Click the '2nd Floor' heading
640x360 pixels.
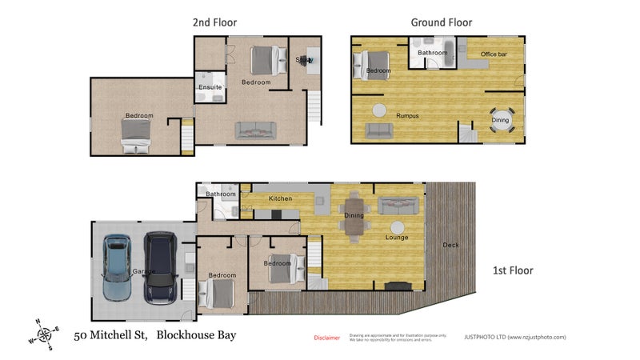[x=214, y=22]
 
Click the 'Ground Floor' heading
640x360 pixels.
[x=441, y=22]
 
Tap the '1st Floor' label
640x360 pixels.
[x=512, y=270]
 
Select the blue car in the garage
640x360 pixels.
[x=118, y=267]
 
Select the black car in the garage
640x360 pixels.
[x=160, y=267]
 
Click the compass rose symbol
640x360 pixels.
[x=45, y=334]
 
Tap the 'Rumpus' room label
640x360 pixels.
[x=406, y=116]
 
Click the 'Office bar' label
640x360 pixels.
[x=494, y=54]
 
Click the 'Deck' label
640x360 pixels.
[x=450, y=245]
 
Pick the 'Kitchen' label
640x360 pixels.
[x=280, y=198]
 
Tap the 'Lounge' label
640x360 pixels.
[x=396, y=237]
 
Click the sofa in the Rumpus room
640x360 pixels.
[x=378, y=130]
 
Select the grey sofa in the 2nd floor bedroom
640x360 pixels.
[x=255, y=130]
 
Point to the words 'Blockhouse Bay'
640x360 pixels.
[x=196, y=336]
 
